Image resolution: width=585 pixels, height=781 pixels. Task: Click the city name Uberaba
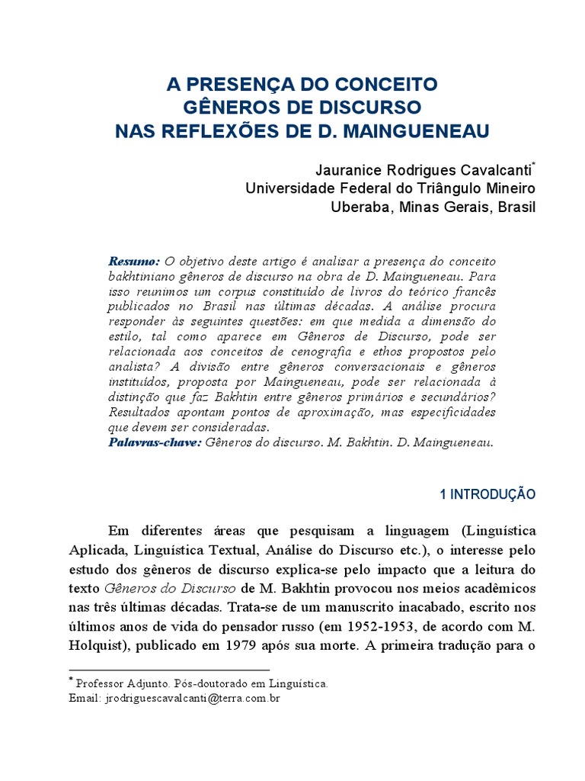358,207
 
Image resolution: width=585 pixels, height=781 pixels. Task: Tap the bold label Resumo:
134,261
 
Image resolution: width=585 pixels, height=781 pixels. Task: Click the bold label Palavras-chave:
155,442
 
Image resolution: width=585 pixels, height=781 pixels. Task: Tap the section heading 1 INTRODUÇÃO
488,494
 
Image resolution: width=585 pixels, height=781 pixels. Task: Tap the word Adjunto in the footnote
154,684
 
